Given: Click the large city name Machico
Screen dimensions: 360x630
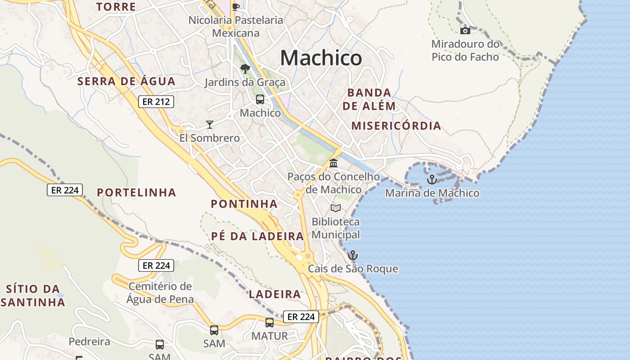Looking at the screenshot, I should (x=321, y=58).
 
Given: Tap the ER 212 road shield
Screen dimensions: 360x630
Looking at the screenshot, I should (x=156, y=102).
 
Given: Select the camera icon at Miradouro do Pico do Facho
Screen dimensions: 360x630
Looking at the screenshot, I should (x=465, y=31).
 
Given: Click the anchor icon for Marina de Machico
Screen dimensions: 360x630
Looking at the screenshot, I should (x=432, y=180).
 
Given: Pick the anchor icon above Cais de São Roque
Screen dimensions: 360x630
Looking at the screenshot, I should (x=353, y=255).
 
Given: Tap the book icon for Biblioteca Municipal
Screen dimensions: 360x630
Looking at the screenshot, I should (x=336, y=208).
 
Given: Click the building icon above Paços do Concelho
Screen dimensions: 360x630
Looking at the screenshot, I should (x=333, y=163).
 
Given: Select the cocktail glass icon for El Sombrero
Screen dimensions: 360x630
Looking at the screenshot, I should (x=209, y=124).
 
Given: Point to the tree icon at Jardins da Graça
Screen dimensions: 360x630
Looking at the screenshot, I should (x=245, y=69).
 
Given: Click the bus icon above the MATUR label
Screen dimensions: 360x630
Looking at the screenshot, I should (x=270, y=322).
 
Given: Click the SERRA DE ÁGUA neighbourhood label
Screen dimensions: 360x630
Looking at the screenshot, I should (x=126, y=81).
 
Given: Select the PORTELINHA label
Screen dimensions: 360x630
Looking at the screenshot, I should (x=136, y=193).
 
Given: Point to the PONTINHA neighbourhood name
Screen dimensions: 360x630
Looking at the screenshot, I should (x=244, y=204).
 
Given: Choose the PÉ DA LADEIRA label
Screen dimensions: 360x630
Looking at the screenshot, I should (x=257, y=236).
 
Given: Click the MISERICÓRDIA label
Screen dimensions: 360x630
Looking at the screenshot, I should (x=396, y=126).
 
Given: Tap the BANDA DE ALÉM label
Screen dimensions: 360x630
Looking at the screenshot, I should (x=369, y=99).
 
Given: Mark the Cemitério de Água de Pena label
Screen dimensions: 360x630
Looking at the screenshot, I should (x=160, y=292).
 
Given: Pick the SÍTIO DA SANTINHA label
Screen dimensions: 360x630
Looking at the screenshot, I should (x=33, y=295).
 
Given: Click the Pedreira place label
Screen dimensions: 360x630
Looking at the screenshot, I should (x=89, y=342).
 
